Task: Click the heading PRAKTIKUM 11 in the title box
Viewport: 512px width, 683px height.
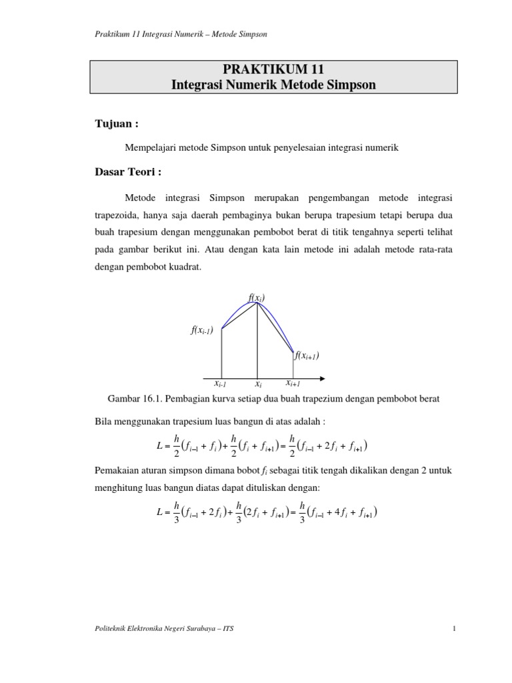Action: pyautogui.click(x=273, y=70)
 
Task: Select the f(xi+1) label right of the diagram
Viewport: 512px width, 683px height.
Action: pyautogui.click(x=307, y=355)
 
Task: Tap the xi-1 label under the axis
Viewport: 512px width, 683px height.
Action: pyautogui.click(x=220, y=384)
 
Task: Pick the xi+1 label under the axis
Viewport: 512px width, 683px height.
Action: pyautogui.click(x=293, y=384)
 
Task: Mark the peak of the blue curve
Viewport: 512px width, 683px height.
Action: pyautogui.click(x=259, y=304)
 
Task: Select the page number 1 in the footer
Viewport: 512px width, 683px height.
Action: pyautogui.click(x=453, y=628)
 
